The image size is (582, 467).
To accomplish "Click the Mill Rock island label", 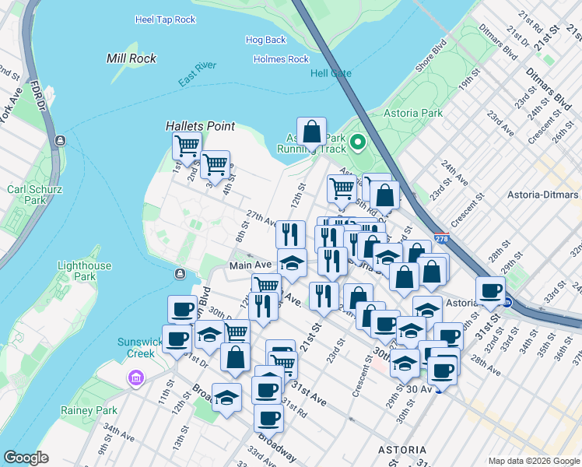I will (x=131, y=58).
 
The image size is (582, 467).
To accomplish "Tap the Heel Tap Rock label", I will (x=165, y=19).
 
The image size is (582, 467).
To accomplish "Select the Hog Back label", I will (x=265, y=40).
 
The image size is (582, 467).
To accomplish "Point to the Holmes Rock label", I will (x=281, y=59).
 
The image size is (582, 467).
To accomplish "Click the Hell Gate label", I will (x=331, y=73).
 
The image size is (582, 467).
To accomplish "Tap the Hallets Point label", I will (x=200, y=126).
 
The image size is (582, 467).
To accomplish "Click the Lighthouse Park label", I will (x=84, y=271).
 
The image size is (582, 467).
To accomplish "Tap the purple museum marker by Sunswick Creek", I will (x=136, y=378).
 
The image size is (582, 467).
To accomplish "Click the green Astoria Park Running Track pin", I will (x=358, y=142).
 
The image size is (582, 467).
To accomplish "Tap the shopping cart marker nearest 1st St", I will (x=187, y=144).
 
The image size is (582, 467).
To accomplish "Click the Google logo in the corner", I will (x=26, y=458).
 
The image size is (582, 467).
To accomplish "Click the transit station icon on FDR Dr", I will (x=58, y=141).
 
